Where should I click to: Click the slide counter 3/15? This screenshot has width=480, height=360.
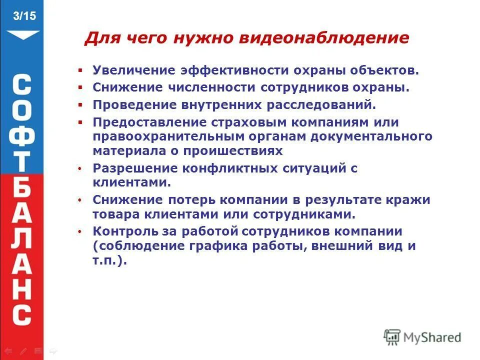(24, 16)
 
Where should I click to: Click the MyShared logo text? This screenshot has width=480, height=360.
(432, 337)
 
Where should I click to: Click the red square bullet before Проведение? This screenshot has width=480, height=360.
(79, 105)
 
